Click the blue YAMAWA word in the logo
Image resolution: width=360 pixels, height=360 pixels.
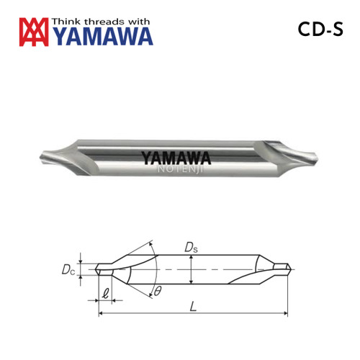(x=102, y=36)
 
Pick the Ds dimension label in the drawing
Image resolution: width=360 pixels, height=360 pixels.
(x=190, y=248)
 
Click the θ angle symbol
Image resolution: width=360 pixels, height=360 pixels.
(x=157, y=291)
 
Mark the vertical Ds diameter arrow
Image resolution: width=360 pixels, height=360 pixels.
(x=190, y=271)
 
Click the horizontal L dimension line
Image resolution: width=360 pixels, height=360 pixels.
(x=193, y=314)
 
